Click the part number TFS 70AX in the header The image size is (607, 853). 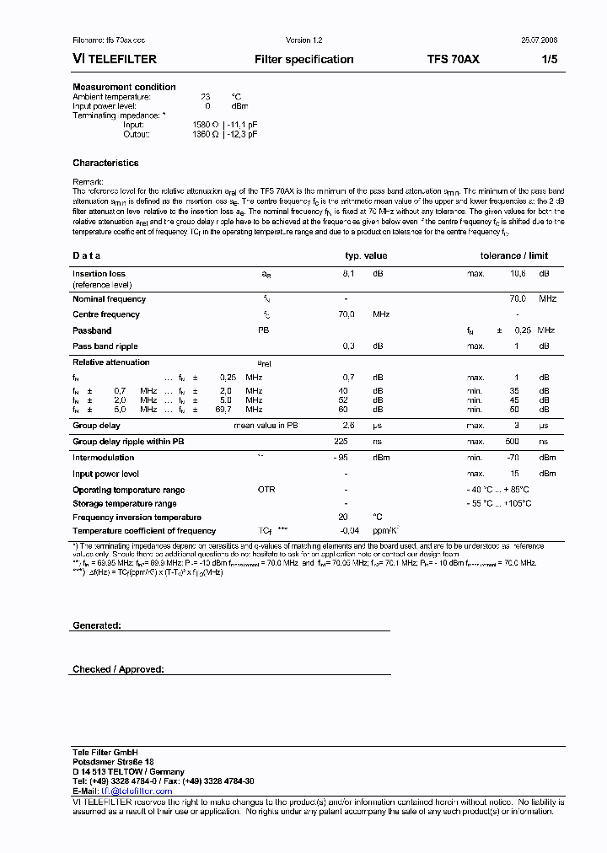(454, 59)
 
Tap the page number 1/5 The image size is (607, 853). (549, 59)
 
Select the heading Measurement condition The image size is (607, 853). (124, 87)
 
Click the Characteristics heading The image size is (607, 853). (105, 163)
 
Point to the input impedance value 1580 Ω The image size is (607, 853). (207, 125)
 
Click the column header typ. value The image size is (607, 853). (366, 255)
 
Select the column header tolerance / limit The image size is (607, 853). (513, 255)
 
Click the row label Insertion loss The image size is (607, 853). (99, 274)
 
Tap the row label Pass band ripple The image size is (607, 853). (105, 346)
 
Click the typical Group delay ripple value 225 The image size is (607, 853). (341, 442)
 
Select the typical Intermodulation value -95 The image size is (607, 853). (341, 458)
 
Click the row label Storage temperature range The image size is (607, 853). (124, 504)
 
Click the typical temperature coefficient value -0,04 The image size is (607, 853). (349, 531)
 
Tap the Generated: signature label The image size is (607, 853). (97, 625)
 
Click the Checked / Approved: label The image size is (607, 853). (118, 669)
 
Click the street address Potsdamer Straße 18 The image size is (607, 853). (113, 762)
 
